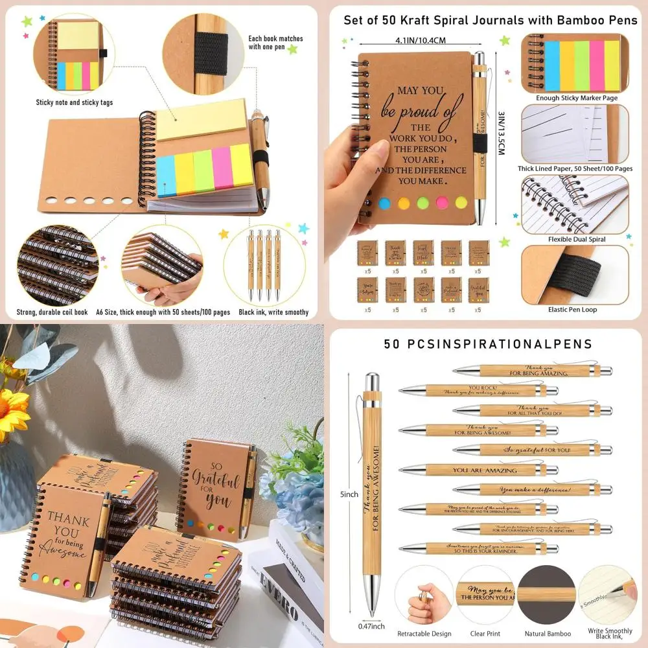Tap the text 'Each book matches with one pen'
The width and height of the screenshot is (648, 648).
click(275, 43)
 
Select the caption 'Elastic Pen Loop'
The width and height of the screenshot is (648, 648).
click(572, 310)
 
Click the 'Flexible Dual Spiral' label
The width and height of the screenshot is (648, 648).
click(572, 239)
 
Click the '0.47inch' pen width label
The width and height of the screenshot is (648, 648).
click(371, 627)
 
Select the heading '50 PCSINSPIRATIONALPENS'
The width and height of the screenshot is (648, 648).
click(487, 344)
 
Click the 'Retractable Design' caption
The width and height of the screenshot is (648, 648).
click(424, 633)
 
